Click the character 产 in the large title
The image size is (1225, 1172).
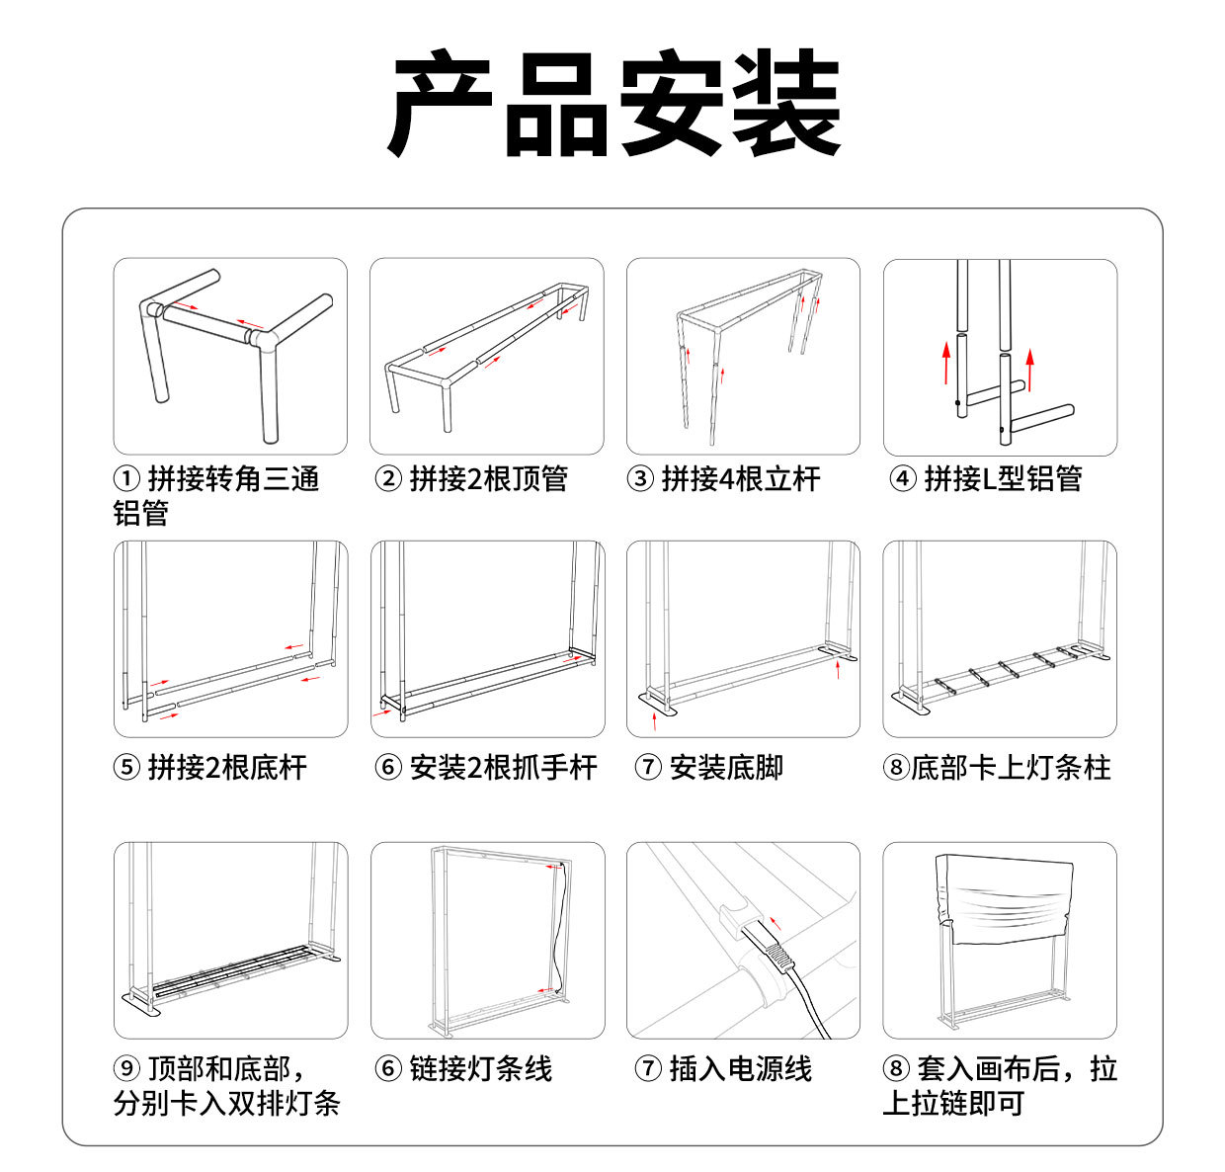pyautogui.click(x=440, y=102)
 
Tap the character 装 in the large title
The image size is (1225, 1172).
pyautogui.click(x=785, y=102)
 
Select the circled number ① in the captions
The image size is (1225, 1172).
pyautogui.click(x=126, y=478)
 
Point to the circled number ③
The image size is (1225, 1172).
pyautogui.click(x=640, y=478)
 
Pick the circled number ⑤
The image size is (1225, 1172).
pyautogui.click(x=126, y=768)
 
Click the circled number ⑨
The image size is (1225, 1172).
pyautogui.click(x=126, y=1068)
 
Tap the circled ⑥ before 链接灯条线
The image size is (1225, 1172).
pyautogui.click(x=388, y=1068)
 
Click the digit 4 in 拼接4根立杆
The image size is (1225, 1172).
pyautogui.click(x=726, y=479)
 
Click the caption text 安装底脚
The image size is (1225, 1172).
pyautogui.click(x=726, y=768)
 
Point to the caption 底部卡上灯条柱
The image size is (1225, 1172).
pyautogui.click(x=1011, y=768)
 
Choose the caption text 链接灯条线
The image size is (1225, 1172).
pyautogui.click(x=481, y=1068)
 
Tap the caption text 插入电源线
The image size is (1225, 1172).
pyautogui.click(x=741, y=1068)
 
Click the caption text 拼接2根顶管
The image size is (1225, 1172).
pyautogui.click(x=489, y=479)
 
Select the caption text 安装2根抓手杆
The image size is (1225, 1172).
pyautogui.click(x=504, y=768)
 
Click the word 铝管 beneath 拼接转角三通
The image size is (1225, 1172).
pyautogui.click(x=141, y=513)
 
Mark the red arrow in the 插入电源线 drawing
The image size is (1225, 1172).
pyautogui.click(x=776, y=924)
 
